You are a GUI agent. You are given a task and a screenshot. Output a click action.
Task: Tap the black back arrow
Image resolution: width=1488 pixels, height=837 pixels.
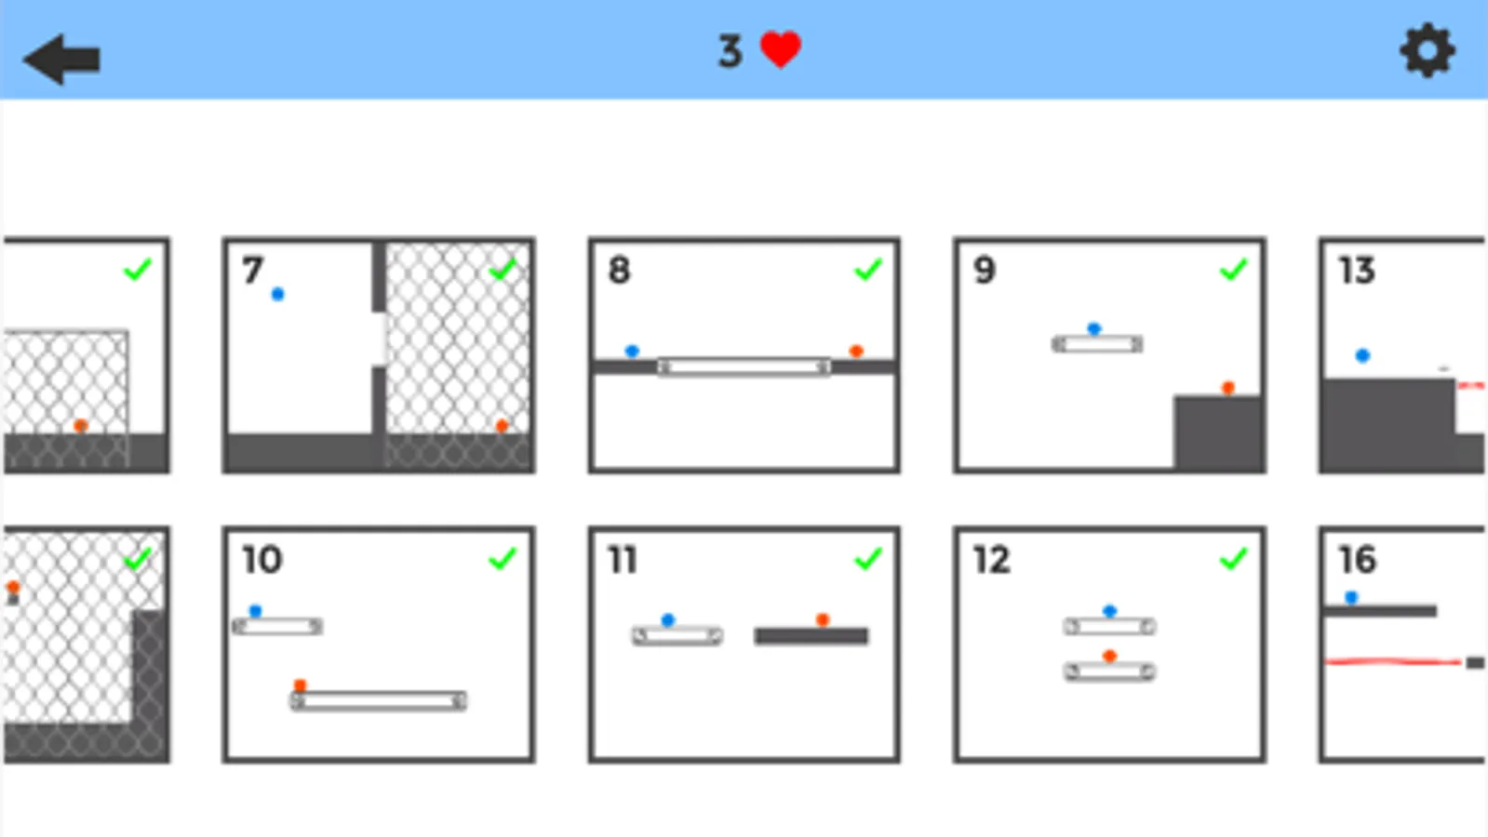(61, 60)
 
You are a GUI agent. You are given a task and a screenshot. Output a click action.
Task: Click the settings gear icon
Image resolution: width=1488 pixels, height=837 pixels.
(1428, 51)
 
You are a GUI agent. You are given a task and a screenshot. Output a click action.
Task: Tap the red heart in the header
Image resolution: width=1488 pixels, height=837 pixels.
(781, 50)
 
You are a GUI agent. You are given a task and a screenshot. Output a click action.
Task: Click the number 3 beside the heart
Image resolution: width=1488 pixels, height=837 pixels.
(731, 51)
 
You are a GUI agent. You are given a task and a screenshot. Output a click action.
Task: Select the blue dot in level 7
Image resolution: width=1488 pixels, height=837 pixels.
(277, 294)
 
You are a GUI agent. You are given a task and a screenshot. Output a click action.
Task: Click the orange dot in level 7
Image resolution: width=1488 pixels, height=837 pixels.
(503, 425)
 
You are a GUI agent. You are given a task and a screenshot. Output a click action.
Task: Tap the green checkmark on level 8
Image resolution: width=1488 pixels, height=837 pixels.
(868, 270)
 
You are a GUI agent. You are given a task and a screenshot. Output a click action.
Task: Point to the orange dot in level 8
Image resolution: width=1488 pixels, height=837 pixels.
(856, 351)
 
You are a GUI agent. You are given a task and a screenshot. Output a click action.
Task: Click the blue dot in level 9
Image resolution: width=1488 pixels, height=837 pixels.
(1094, 328)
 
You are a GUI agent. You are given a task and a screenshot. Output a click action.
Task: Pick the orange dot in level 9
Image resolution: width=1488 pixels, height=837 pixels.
(1227, 388)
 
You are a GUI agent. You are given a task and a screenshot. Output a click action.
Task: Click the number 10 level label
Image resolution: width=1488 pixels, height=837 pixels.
(262, 560)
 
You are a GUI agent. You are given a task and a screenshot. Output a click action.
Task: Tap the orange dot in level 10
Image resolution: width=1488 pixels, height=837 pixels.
(301, 685)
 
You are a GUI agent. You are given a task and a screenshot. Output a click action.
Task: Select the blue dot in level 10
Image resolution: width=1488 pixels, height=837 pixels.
(255, 611)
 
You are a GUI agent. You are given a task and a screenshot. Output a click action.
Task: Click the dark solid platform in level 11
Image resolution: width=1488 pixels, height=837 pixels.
(811, 636)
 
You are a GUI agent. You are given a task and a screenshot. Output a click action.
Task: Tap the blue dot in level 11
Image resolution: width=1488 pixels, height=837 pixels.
(668, 620)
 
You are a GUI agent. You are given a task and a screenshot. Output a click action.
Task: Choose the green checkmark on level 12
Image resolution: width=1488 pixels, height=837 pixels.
(1234, 559)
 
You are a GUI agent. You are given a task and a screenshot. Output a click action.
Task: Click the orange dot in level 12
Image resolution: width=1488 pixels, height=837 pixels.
(1109, 656)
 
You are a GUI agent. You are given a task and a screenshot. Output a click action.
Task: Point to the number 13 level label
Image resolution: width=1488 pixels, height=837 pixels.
(1357, 270)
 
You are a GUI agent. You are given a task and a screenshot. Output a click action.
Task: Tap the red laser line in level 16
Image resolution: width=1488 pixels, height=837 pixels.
(1393, 661)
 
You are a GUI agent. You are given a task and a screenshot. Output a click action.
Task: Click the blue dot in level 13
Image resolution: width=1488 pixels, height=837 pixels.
(1362, 356)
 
